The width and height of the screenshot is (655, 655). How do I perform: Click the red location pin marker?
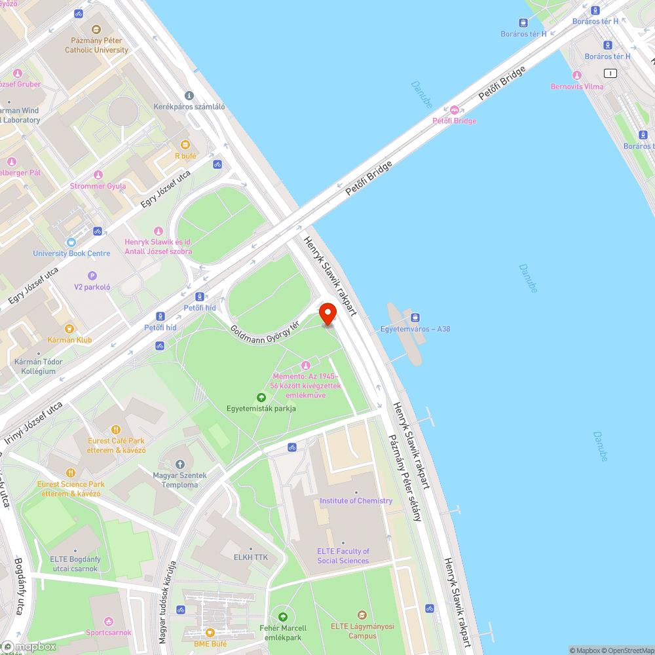click(x=328, y=314)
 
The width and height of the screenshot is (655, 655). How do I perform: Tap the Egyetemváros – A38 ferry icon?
click(x=416, y=317)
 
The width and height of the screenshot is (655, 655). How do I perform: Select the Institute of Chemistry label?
click(x=356, y=500)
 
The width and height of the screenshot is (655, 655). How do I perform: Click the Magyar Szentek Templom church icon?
click(x=180, y=464)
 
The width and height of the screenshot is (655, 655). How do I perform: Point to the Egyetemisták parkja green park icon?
click(x=261, y=397)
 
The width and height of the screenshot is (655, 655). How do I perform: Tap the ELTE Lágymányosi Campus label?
click(x=362, y=631)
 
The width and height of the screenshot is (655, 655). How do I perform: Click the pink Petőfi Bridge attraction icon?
click(x=455, y=109)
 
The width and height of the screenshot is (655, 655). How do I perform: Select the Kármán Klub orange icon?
click(x=69, y=328)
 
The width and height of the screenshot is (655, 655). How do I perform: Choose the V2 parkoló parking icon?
click(x=92, y=276)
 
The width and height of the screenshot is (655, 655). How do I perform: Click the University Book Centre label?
click(x=71, y=253)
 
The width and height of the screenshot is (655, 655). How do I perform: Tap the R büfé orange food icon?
click(x=185, y=144)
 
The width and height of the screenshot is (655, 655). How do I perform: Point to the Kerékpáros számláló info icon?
click(x=189, y=95)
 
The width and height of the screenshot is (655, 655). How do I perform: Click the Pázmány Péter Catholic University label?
click(x=96, y=45)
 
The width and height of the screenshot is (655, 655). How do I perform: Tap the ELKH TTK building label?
click(x=251, y=556)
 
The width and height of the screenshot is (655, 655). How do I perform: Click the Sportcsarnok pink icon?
click(x=109, y=621)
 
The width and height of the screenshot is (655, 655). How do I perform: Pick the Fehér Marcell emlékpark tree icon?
click(x=283, y=616)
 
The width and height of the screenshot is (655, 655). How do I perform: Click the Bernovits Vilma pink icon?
click(x=576, y=75)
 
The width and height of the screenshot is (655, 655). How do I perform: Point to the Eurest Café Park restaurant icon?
click(x=117, y=430)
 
